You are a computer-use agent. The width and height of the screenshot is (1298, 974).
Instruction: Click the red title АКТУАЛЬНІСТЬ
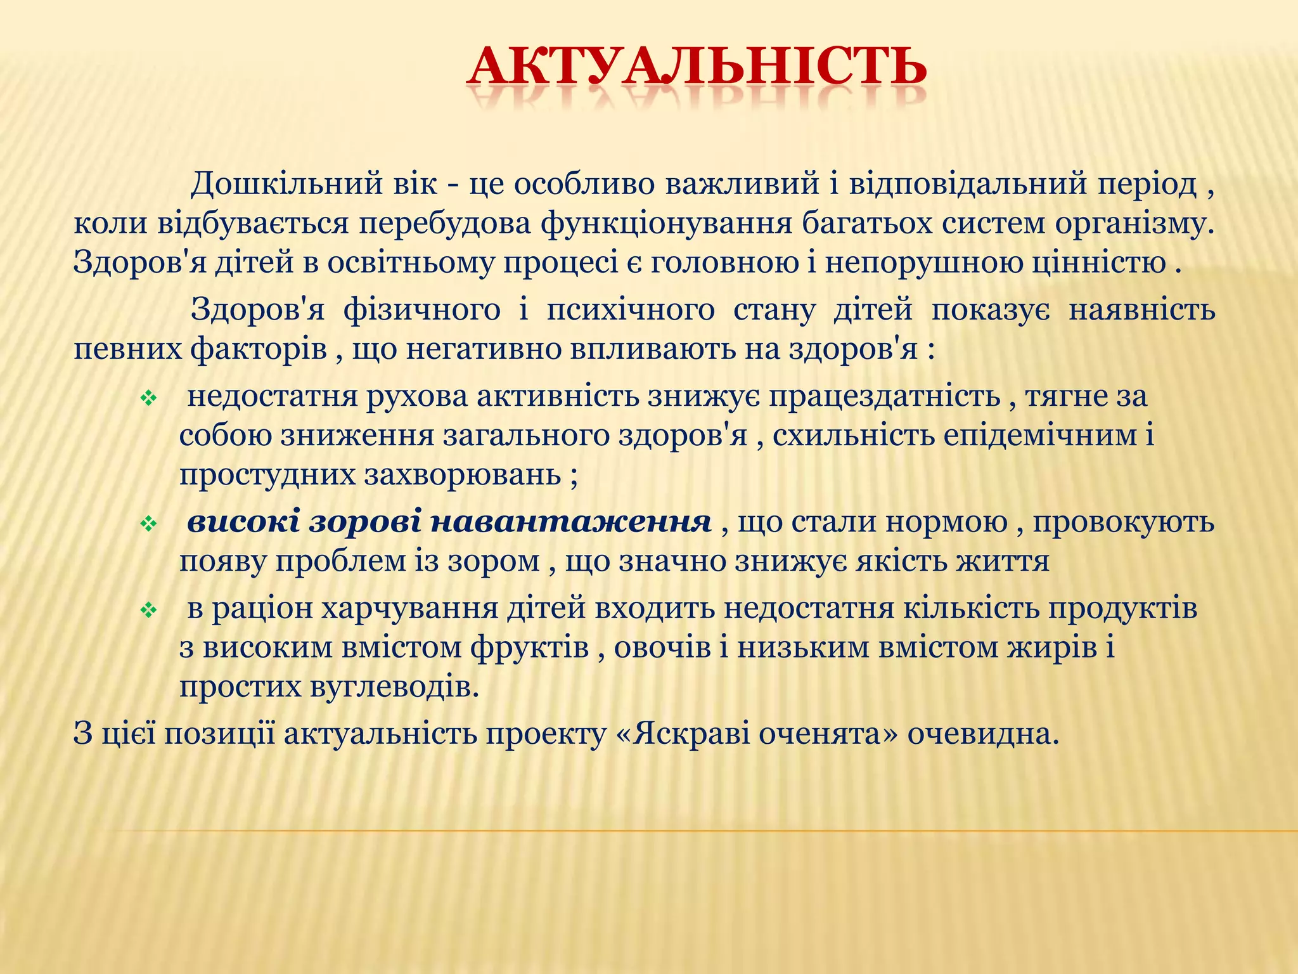[696, 67]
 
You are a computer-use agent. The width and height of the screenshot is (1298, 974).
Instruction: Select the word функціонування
[666, 224]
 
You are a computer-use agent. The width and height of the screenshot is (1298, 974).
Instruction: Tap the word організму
[1134, 224]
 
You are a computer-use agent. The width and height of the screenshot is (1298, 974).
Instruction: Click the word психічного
[630, 310]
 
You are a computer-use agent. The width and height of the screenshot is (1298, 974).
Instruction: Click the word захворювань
[462, 474]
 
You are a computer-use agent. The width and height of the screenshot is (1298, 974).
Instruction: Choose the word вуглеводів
[394, 687]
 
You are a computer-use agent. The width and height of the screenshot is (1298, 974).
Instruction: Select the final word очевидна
[983, 734]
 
